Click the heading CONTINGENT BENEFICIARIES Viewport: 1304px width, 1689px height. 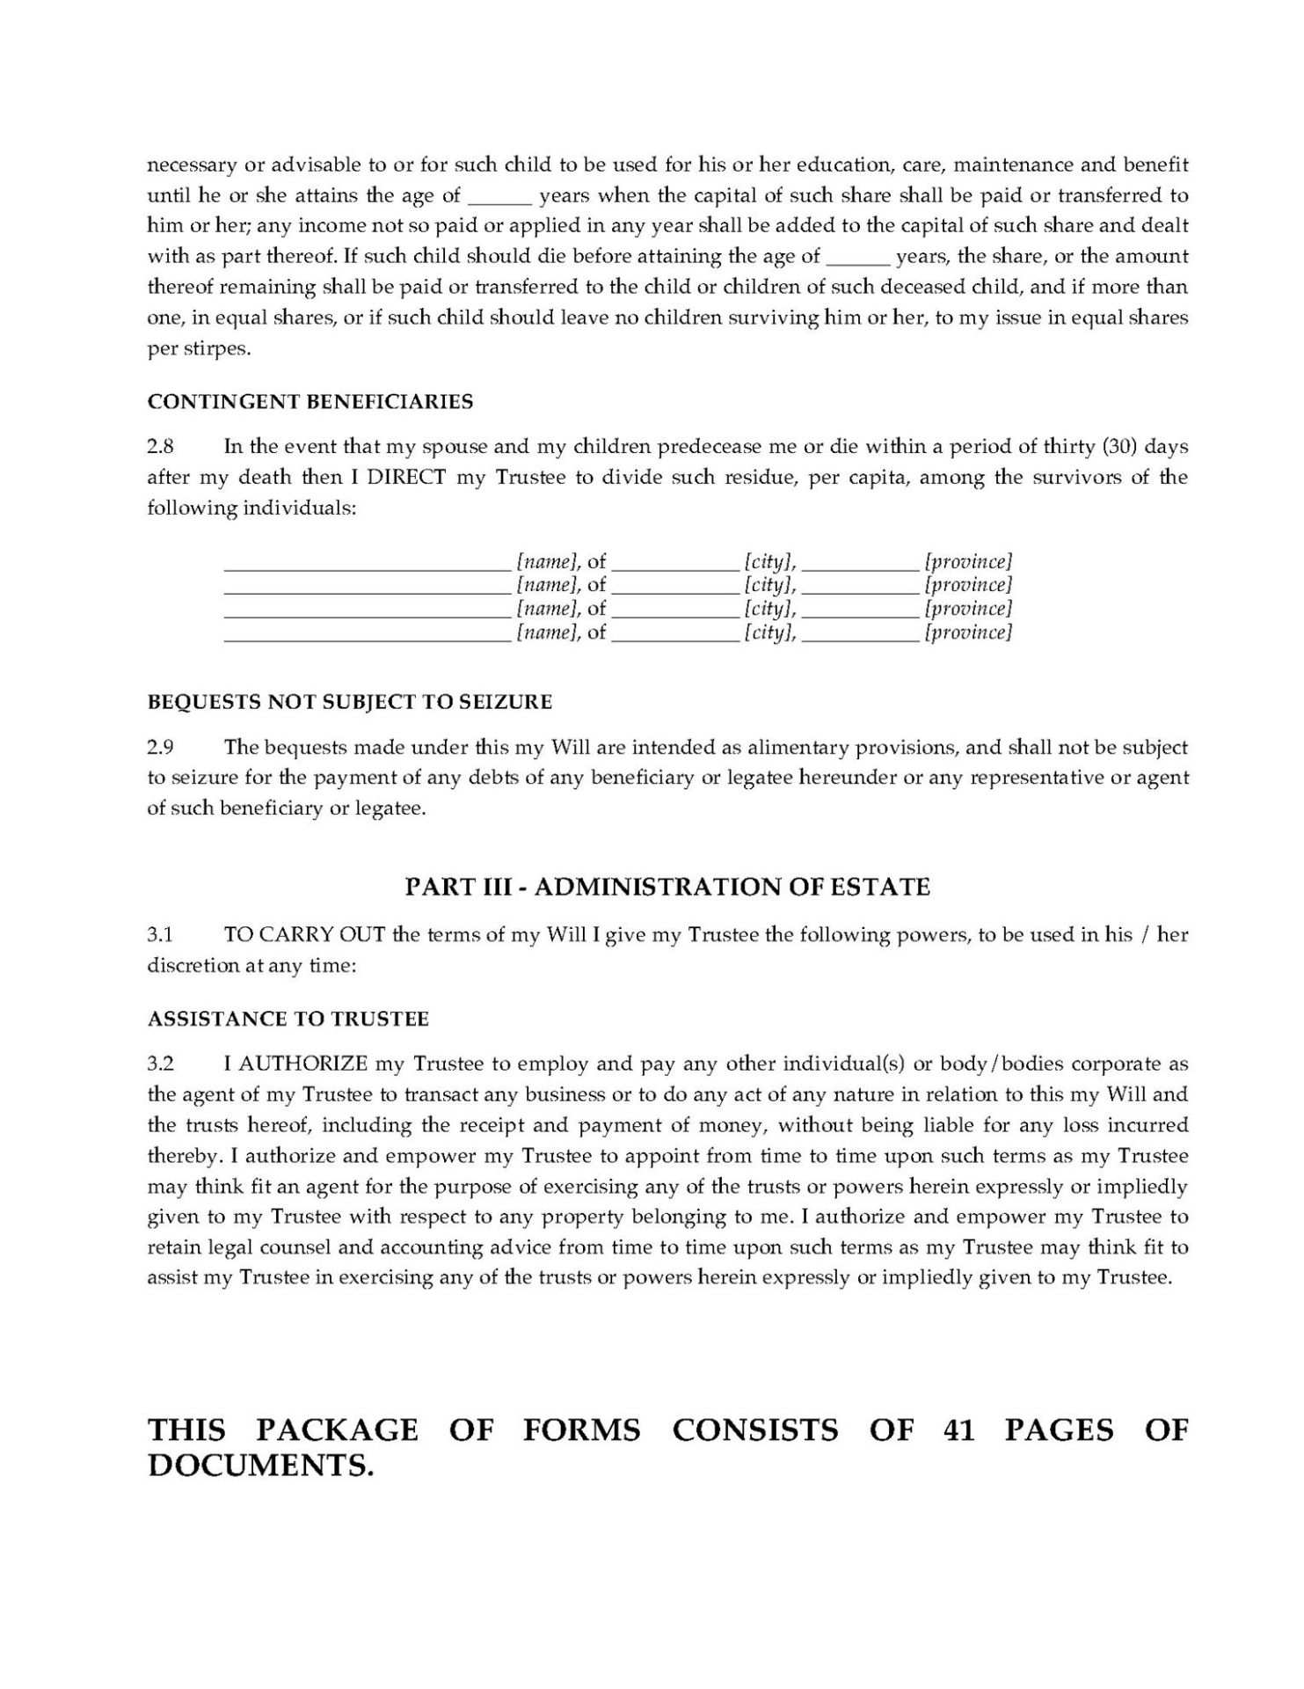310,402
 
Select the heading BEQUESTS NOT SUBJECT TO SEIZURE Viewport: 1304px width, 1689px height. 349,702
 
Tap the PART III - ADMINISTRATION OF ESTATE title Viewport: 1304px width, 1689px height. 667,887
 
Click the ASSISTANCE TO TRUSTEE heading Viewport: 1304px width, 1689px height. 288,1020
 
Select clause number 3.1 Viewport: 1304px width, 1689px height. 160,935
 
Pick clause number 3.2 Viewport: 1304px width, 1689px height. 160,1064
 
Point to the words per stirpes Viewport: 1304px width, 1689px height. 198,348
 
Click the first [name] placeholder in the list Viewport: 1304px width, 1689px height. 547,561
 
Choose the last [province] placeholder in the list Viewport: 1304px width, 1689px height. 967,632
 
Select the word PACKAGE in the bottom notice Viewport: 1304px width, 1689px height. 337,1430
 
